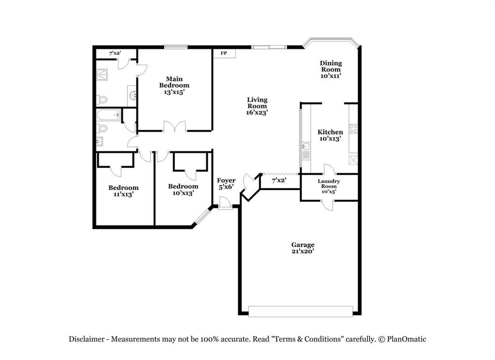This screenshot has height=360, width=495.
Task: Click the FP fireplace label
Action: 224,53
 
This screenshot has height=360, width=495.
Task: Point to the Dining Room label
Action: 331,69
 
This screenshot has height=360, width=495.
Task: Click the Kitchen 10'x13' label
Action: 330,135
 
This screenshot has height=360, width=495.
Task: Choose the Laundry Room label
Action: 329,187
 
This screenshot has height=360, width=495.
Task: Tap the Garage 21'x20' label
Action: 303,248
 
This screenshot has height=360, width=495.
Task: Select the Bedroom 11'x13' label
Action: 123,191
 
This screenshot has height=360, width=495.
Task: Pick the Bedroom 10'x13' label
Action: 183,189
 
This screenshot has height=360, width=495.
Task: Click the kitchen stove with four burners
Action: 353,129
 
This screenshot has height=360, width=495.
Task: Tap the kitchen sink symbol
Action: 305,146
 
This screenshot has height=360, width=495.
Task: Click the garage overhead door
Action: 300,311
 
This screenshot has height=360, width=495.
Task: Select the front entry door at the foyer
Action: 225,203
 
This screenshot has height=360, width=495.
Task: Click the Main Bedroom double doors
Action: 175,128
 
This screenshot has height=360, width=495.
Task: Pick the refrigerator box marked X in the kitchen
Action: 353,160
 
